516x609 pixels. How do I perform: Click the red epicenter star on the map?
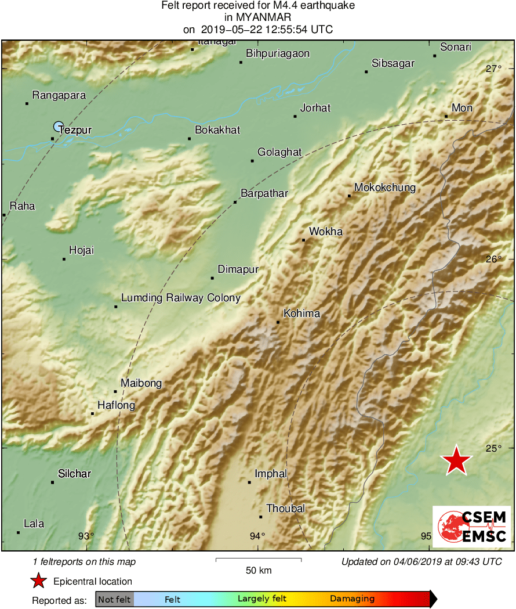pyautogui.click(x=456, y=461)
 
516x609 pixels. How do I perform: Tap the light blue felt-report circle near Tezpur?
pyautogui.click(x=58, y=126)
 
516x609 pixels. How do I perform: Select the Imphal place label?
pyautogui.click(x=271, y=474)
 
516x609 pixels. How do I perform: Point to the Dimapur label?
pyautogui.click(x=238, y=269)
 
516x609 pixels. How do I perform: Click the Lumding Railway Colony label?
pyautogui.click(x=180, y=298)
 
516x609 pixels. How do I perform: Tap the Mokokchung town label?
pyautogui.click(x=385, y=188)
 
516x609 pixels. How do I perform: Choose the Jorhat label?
pyautogui.click(x=315, y=108)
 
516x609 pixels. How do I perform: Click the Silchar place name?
pyautogui.click(x=74, y=474)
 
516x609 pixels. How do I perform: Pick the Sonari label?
pyautogui.click(x=456, y=48)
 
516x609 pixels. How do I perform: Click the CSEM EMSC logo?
pyautogui.click(x=471, y=527)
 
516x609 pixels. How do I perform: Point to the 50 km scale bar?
pyautogui.click(x=259, y=560)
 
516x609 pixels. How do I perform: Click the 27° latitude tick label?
pyautogui.click(x=494, y=69)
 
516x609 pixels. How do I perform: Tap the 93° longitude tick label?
pyautogui.click(x=86, y=536)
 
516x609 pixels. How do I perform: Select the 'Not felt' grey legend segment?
pyautogui.click(x=114, y=599)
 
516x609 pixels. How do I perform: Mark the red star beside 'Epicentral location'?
pyautogui.click(x=38, y=581)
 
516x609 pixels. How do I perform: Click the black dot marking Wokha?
pyautogui.click(x=303, y=240)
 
